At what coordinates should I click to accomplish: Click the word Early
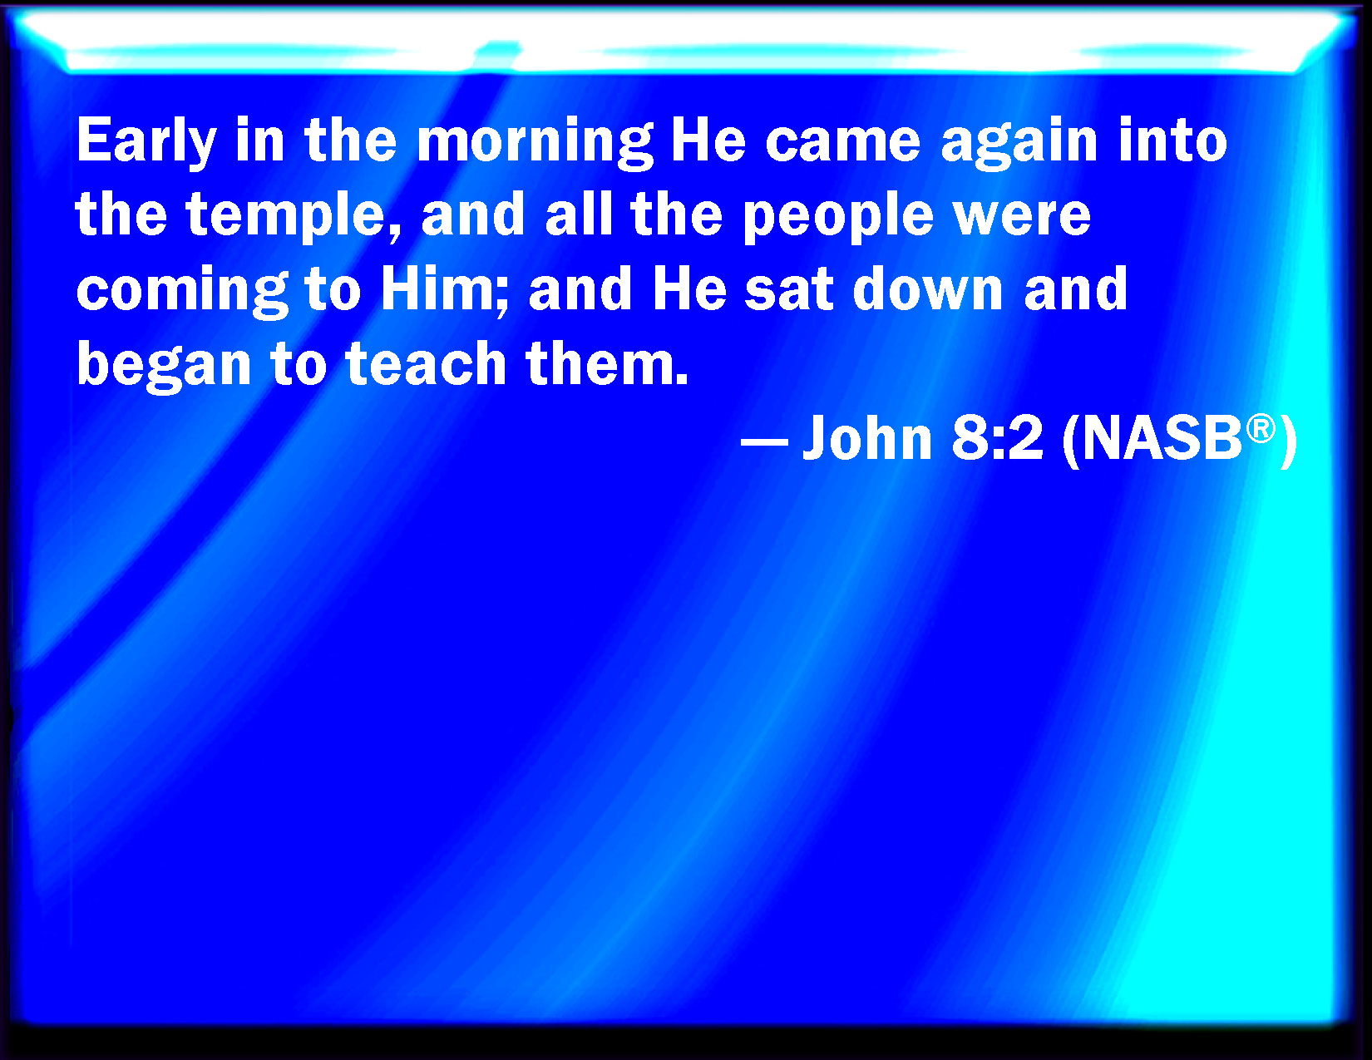pyautogui.click(x=146, y=142)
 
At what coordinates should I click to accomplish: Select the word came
pyautogui.click(x=843, y=141)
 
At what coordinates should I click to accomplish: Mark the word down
pyautogui.click(x=928, y=288)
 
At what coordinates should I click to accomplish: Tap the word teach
pyautogui.click(x=427, y=362)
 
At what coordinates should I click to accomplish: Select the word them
pyautogui.click(x=607, y=362)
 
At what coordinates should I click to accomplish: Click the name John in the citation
pyautogui.click(x=867, y=436)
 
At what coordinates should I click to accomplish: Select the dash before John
pyautogui.click(x=764, y=440)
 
